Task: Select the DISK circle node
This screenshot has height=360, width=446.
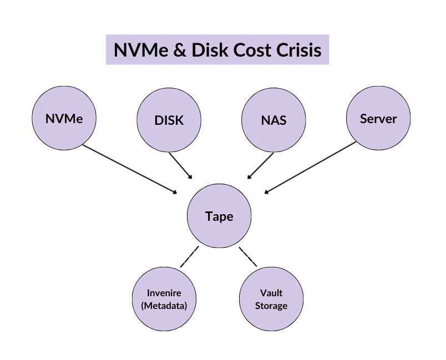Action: [x=169, y=119]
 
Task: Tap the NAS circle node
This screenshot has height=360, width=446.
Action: [x=273, y=119]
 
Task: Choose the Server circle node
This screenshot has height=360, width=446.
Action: [x=378, y=118]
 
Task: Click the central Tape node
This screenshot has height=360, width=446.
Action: [x=219, y=216]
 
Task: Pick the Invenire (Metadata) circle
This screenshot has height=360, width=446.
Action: [x=164, y=299]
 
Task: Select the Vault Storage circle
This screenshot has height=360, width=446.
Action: [x=271, y=299]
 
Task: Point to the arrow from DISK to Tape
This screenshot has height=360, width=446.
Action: [x=180, y=165]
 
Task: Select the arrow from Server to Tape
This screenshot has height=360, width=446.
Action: [x=311, y=168]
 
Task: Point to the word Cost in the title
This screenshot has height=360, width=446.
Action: [x=249, y=50]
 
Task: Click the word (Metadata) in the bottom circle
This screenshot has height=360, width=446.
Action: [x=164, y=306]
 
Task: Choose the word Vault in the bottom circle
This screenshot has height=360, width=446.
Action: [x=271, y=293]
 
